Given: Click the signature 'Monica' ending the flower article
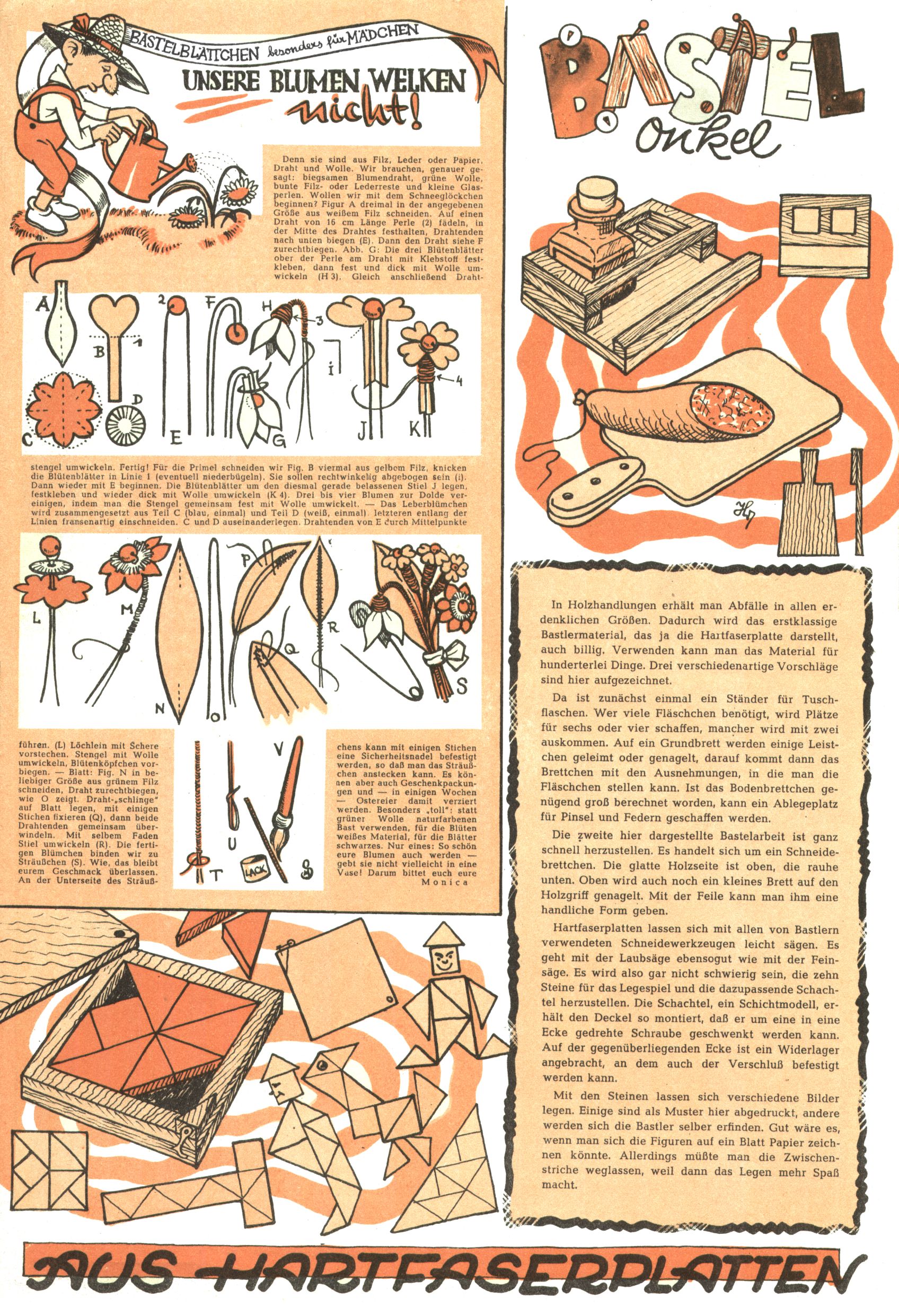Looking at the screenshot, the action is [x=445, y=882].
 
